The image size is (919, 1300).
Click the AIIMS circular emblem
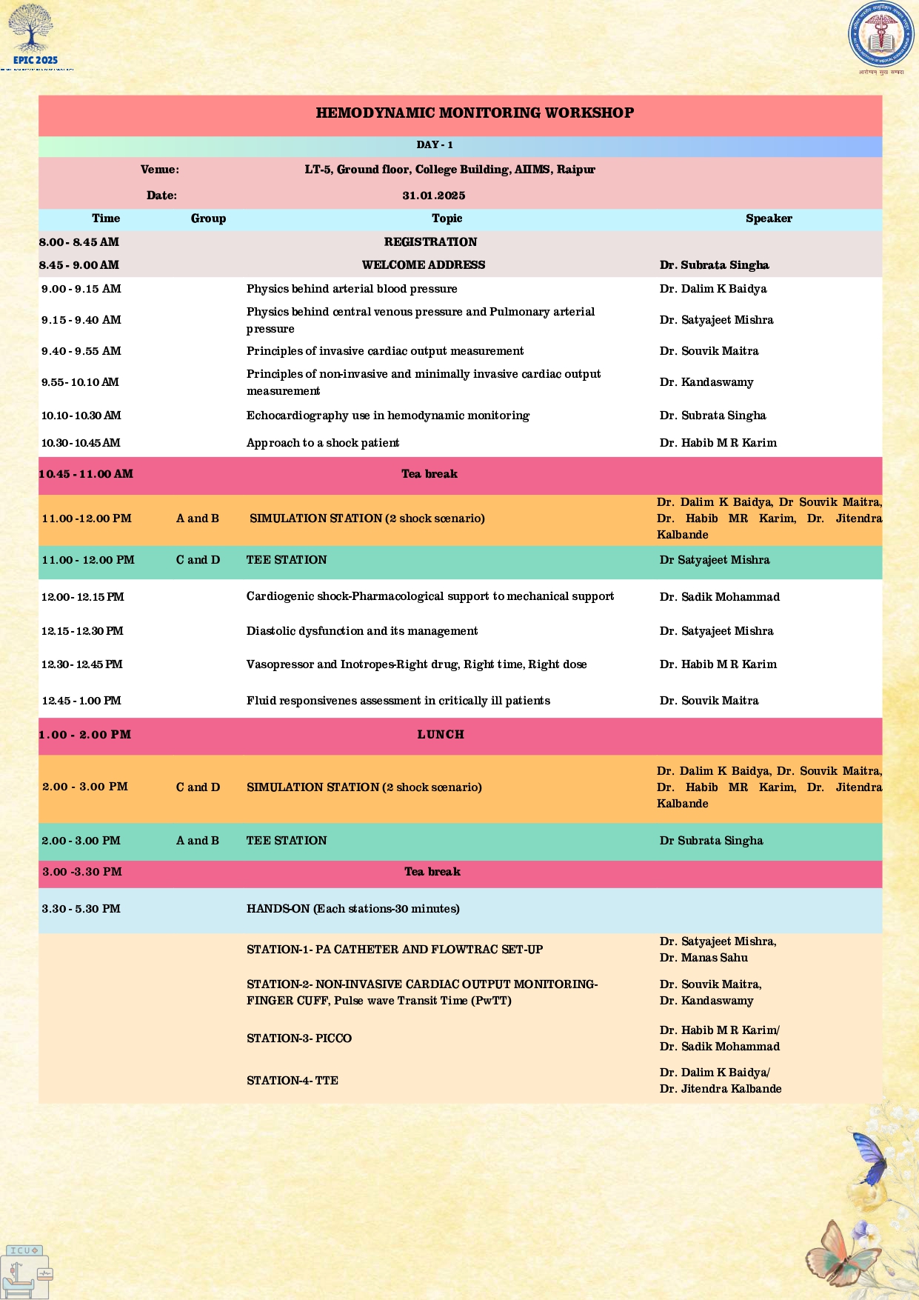(x=880, y=35)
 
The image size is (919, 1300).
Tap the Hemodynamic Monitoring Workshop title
(x=475, y=113)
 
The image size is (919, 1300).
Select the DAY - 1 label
(x=435, y=145)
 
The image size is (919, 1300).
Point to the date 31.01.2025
(x=434, y=196)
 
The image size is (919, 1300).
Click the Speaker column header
(x=769, y=219)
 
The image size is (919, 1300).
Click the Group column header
(x=208, y=219)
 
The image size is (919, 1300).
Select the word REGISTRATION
(x=430, y=242)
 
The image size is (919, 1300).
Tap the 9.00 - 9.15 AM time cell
(x=81, y=289)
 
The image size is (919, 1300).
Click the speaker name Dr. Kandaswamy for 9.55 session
(x=706, y=382)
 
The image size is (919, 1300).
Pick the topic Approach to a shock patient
(x=323, y=443)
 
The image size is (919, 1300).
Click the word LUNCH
(x=441, y=735)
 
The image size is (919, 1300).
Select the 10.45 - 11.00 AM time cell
(x=86, y=474)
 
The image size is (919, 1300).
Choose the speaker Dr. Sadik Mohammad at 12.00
(x=719, y=597)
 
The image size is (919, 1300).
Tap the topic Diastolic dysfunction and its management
(x=362, y=631)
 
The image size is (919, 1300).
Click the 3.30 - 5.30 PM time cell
(x=81, y=909)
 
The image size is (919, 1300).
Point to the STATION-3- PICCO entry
(x=299, y=1039)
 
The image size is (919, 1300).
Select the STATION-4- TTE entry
(x=293, y=1081)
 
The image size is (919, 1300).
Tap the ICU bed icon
(x=27, y=1272)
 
